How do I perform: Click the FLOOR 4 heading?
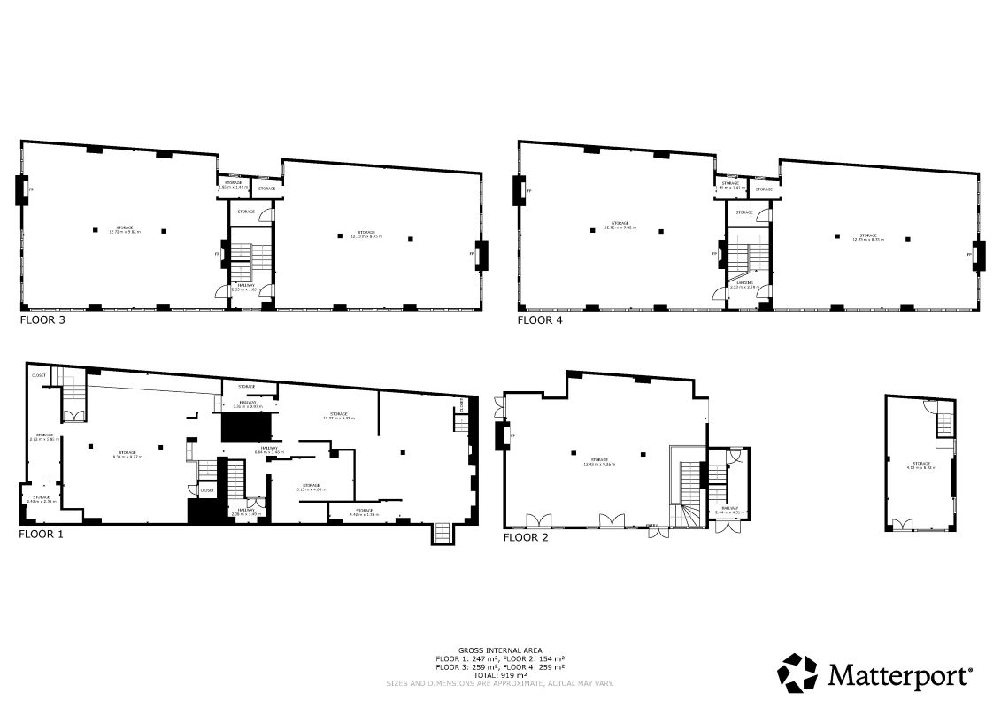[x=540, y=321]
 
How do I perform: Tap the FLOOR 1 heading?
[x=41, y=535]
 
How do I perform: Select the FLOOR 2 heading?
[x=526, y=537]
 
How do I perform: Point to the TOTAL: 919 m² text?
[x=500, y=675]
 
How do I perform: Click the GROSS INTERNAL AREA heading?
[x=500, y=650]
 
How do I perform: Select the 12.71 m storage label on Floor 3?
[x=124, y=230]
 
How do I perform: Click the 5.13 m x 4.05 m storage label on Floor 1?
[x=310, y=487]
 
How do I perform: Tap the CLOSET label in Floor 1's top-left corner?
[x=39, y=375]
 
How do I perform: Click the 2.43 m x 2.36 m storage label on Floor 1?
[x=42, y=499]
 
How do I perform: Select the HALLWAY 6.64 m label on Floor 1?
[x=266, y=450]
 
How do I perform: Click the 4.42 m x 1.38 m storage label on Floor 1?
[x=364, y=512]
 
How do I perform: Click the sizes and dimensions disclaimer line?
[x=500, y=683]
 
